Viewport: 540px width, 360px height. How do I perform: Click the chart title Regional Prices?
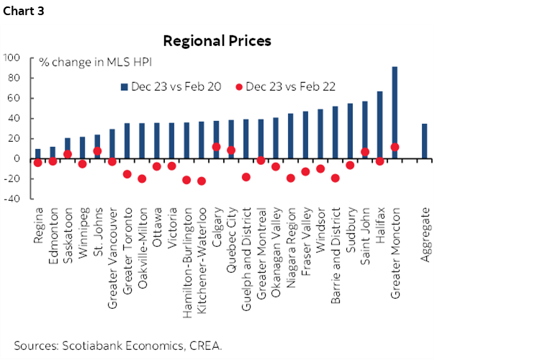217,41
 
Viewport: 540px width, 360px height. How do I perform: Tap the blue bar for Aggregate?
424,141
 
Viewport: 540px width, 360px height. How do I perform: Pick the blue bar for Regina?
37,153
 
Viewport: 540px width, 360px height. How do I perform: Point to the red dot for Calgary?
216,147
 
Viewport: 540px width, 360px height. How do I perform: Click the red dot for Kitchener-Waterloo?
201,181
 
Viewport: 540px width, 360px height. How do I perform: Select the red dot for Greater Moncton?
395,147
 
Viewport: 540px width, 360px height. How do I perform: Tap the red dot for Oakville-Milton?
142,179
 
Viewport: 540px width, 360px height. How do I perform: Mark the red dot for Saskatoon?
68,154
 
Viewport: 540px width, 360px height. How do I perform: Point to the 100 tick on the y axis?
14,58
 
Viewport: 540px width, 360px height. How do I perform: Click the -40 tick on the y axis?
14,199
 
